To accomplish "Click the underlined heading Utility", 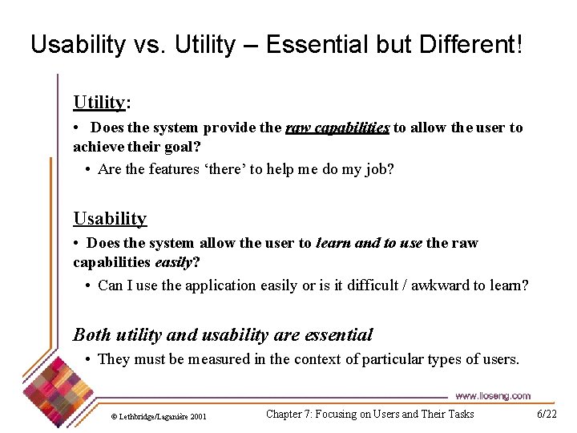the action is click(99, 103).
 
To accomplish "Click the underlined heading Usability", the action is click(110, 219).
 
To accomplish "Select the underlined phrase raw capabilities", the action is click(337, 127).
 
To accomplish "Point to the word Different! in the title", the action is click(470, 44).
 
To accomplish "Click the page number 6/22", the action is click(547, 414).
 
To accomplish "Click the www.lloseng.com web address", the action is click(493, 396).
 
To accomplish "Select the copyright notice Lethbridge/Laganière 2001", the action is click(159, 417).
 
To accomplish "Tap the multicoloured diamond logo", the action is click(59, 392).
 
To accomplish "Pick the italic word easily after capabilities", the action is click(174, 262).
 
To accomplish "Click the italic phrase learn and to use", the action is click(369, 243).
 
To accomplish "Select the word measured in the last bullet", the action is click(219, 359).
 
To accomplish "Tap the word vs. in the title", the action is click(149, 45).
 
